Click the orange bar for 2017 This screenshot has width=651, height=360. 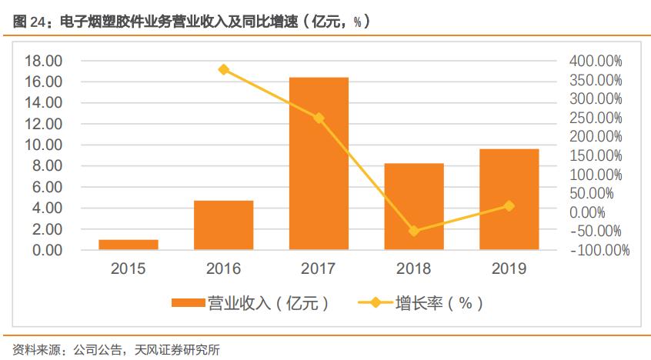click(319, 163)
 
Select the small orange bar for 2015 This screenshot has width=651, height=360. click(129, 245)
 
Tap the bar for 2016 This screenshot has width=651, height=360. click(223, 225)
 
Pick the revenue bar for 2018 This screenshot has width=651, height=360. click(414, 206)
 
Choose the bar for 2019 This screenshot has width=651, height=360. click(509, 199)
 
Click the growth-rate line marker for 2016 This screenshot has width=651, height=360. click(223, 69)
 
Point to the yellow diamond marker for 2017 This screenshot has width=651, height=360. click(319, 118)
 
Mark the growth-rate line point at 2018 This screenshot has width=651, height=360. click(414, 231)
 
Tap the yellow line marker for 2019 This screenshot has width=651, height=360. click(509, 205)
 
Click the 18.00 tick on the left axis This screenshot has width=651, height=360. click(43, 61)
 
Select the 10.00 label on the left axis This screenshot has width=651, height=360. click(43, 145)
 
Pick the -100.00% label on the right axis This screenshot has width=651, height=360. click(599, 251)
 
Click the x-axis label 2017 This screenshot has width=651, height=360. click(319, 269)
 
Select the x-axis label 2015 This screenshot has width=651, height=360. click(129, 269)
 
